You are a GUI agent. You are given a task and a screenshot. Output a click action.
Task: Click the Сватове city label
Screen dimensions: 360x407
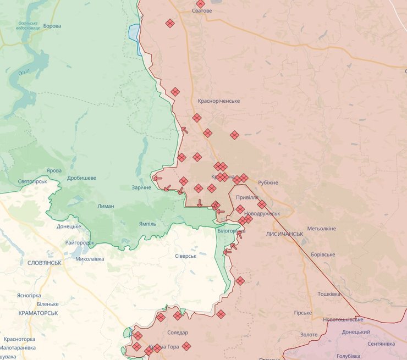click(x=202, y=11)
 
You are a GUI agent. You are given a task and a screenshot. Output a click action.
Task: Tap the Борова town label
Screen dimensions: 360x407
click(x=52, y=26)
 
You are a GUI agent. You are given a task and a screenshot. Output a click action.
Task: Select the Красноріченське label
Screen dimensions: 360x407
click(x=219, y=101)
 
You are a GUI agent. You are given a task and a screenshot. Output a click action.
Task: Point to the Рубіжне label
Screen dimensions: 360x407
click(x=268, y=182)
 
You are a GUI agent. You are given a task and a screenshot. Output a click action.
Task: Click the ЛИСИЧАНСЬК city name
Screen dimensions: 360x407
click(x=284, y=234)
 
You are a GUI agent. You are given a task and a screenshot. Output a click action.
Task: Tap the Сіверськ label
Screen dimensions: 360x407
click(x=185, y=256)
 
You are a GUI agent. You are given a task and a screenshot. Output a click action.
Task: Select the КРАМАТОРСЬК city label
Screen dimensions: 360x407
click(x=38, y=313)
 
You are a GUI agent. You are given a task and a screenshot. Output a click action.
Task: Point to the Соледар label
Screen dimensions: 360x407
click(x=178, y=333)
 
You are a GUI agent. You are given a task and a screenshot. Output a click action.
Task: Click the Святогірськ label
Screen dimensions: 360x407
click(x=32, y=181)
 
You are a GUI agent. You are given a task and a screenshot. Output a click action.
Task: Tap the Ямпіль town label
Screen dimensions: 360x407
click(x=147, y=224)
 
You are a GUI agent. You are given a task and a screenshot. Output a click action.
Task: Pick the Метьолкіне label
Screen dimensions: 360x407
click(x=322, y=228)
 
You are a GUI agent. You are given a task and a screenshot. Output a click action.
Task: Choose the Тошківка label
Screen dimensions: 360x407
click(x=329, y=294)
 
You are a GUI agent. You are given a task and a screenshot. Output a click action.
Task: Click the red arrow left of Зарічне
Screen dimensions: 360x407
click(x=158, y=178)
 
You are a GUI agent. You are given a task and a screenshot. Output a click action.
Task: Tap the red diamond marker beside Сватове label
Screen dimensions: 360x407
click(x=200, y=4)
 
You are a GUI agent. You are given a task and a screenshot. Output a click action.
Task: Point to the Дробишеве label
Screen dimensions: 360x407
click(x=81, y=178)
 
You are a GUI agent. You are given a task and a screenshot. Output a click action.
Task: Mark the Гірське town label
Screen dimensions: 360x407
click(x=303, y=313)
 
